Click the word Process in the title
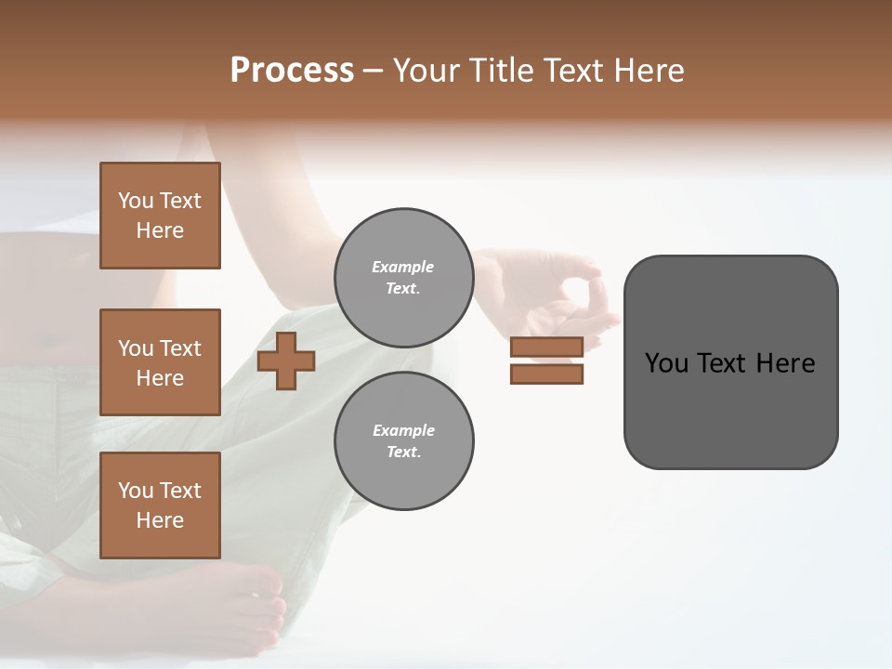click(x=292, y=71)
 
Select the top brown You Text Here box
click(x=160, y=216)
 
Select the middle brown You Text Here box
click(x=160, y=362)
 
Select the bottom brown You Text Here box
click(x=160, y=505)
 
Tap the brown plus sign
click(x=286, y=361)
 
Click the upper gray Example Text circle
click(x=403, y=277)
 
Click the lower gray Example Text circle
click(x=403, y=440)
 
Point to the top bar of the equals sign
click(x=546, y=347)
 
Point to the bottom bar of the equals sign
click(x=546, y=374)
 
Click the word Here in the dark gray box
click(x=786, y=363)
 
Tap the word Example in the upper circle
click(x=403, y=267)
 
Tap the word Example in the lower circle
click(x=403, y=430)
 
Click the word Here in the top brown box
click(x=160, y=230)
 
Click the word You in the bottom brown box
click(x=136, y=491)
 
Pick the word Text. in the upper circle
click(x=403, y=288)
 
